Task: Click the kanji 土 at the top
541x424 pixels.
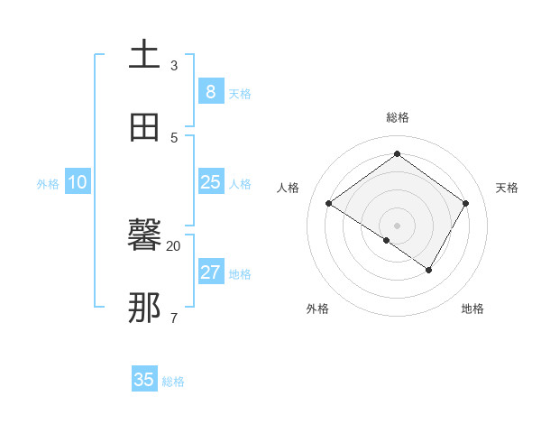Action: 144,54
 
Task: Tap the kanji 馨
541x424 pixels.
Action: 144,237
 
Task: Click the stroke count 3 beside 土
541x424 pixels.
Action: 174,66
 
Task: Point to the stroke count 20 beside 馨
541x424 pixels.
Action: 174,245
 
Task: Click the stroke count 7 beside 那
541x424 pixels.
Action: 174,318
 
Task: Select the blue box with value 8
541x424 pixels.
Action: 210,92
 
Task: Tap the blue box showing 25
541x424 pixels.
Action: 210,182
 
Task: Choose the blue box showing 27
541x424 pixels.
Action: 210,272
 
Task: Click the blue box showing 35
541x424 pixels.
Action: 144,380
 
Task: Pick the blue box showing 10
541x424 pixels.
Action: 78,182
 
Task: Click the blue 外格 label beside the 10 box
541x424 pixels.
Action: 48,184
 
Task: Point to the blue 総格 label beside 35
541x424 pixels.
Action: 173,382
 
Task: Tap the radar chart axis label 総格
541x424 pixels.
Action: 398,117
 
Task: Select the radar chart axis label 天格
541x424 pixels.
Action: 507,188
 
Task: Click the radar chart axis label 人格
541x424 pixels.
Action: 289,188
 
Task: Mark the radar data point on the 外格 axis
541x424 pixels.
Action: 386,240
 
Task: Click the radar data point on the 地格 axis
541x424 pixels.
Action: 429,270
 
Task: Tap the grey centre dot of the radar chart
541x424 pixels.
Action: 398,225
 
